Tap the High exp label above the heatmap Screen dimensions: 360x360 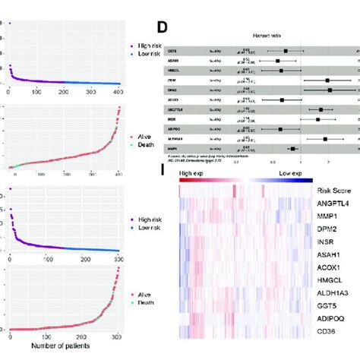pos(194,174)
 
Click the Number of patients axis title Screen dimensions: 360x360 pos(70,350)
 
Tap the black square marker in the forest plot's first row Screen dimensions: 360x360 pos(286,51)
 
